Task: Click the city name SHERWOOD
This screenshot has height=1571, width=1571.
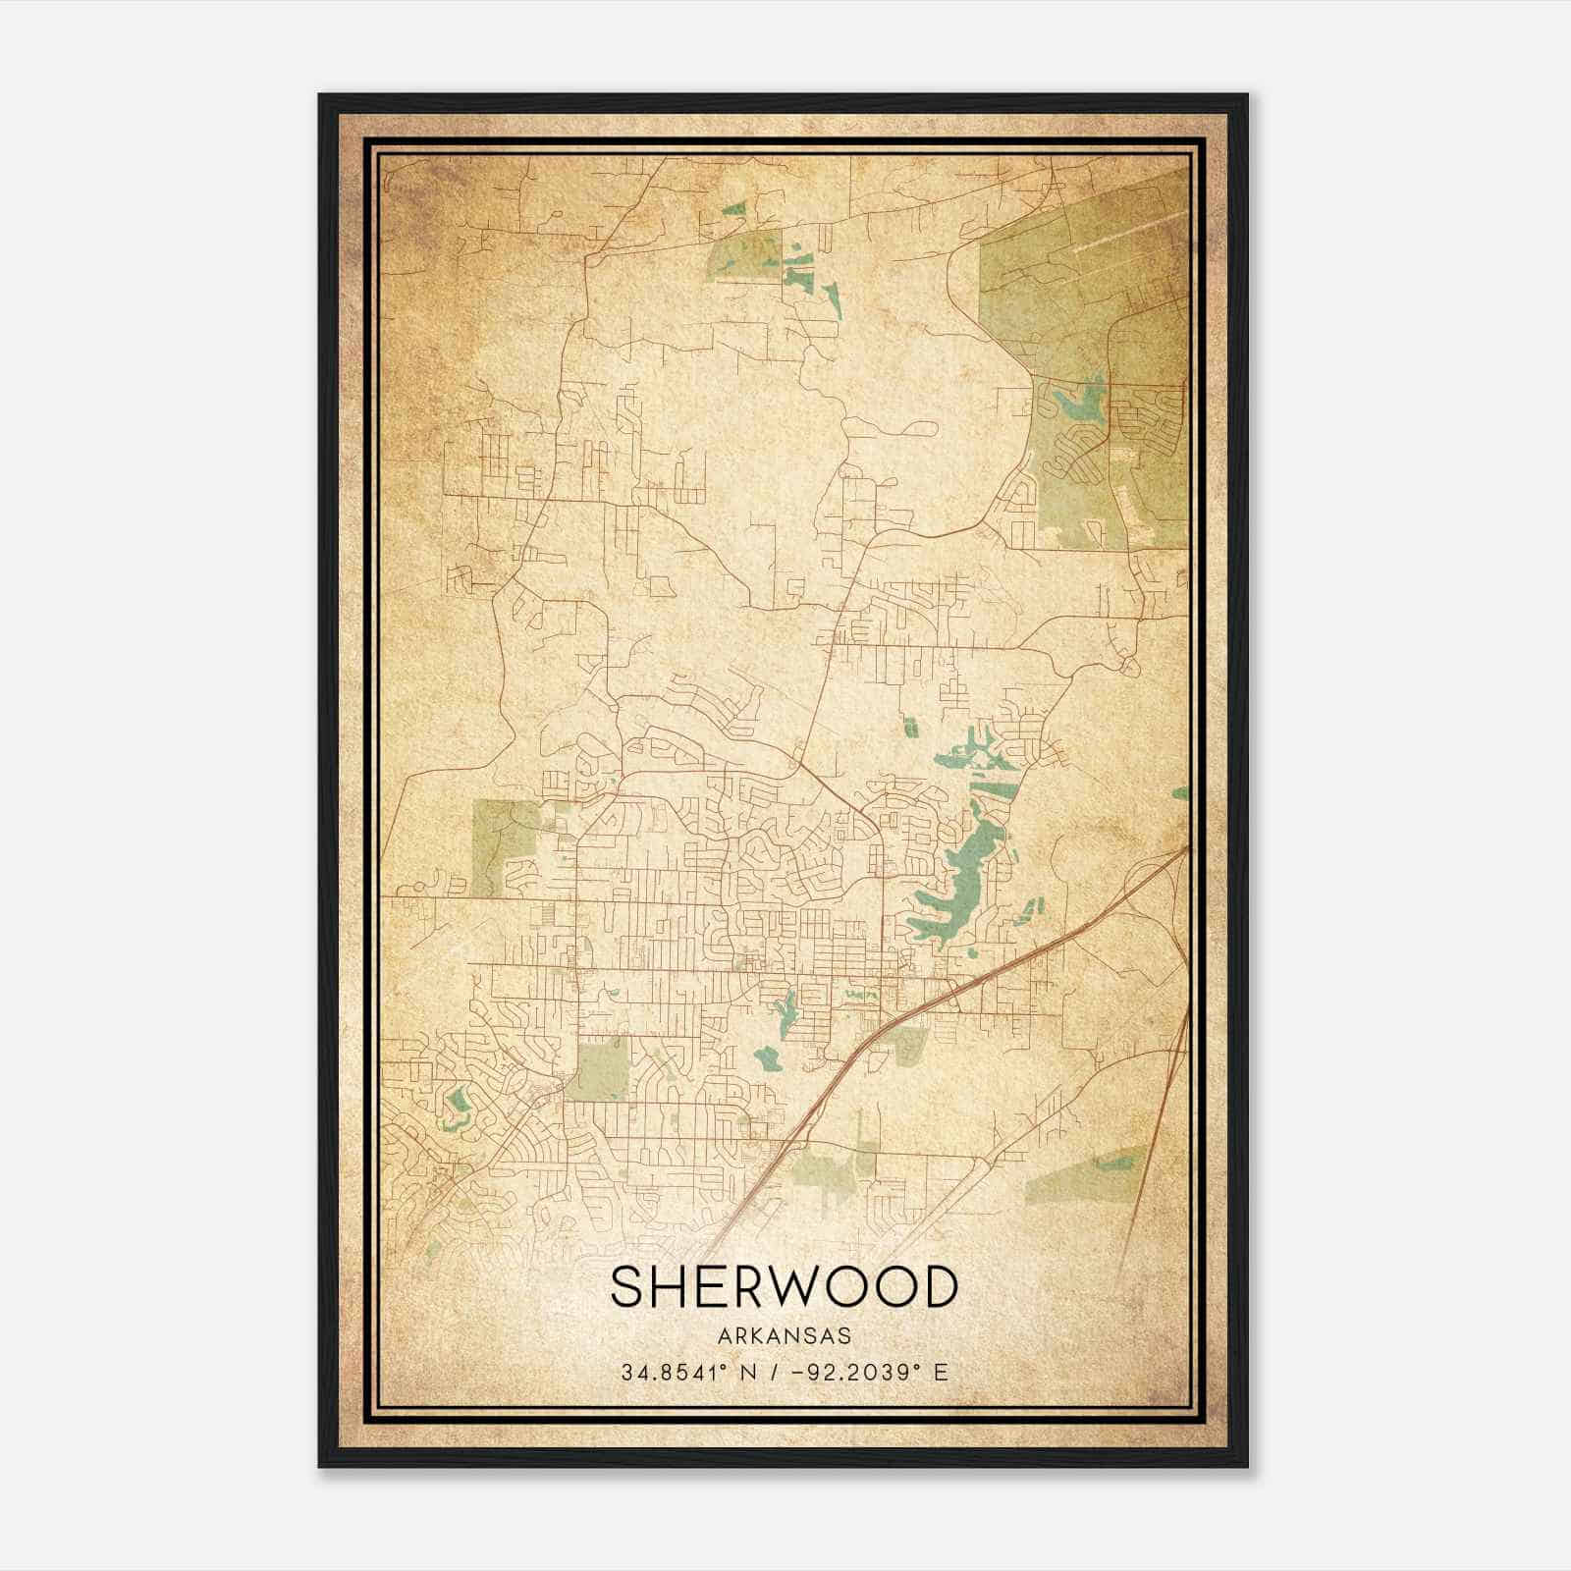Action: (x=784, y=1286)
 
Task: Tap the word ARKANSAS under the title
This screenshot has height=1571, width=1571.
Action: (x=784, y=1336)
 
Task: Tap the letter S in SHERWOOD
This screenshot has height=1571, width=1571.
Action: (x=626, y=1286)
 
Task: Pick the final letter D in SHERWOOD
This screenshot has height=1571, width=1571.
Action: (x=939, y=1286)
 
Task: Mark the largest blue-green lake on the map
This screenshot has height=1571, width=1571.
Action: (x=957, y=884)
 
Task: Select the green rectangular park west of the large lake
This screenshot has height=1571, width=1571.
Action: (x=600, y=1069)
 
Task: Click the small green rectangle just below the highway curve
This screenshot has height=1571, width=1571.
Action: (x=909, y=1046)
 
